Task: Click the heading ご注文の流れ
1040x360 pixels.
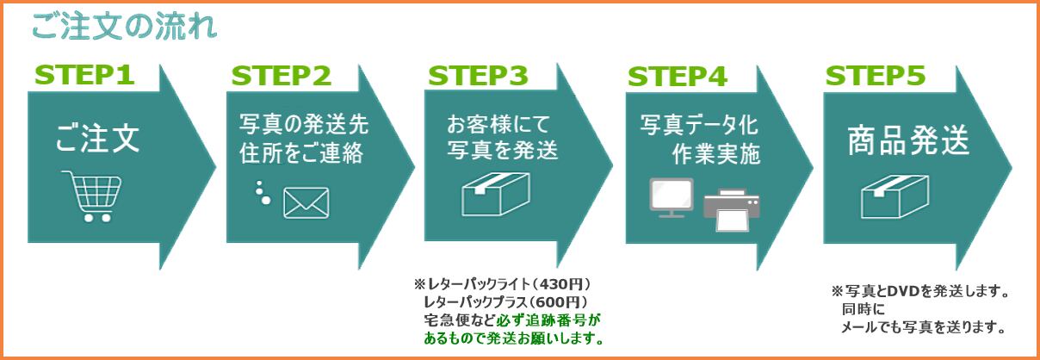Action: (125, 27)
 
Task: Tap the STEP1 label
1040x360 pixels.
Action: (84, 75)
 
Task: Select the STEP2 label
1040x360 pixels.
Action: (282, 76)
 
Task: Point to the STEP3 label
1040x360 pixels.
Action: (478, 76)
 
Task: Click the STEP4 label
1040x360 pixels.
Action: (678, 77)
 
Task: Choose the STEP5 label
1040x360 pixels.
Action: (876, 76)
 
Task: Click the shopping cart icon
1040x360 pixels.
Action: (92, 196)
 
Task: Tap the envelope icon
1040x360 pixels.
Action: (306, 203)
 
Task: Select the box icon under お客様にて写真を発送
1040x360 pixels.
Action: (496, 194)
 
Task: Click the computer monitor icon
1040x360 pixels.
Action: (672, 197)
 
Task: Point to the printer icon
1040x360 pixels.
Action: (732, 210)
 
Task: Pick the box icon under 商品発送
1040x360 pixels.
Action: (895, 197)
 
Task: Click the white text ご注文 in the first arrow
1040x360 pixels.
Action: (97, 139)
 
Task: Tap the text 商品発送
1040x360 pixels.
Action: (908, 140)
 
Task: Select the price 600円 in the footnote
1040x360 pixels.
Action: (559, 302)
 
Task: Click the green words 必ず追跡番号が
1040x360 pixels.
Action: (548, 320)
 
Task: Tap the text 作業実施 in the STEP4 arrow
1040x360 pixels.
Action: (716, 154)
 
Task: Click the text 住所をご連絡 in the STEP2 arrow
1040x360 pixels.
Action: (301, 153)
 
